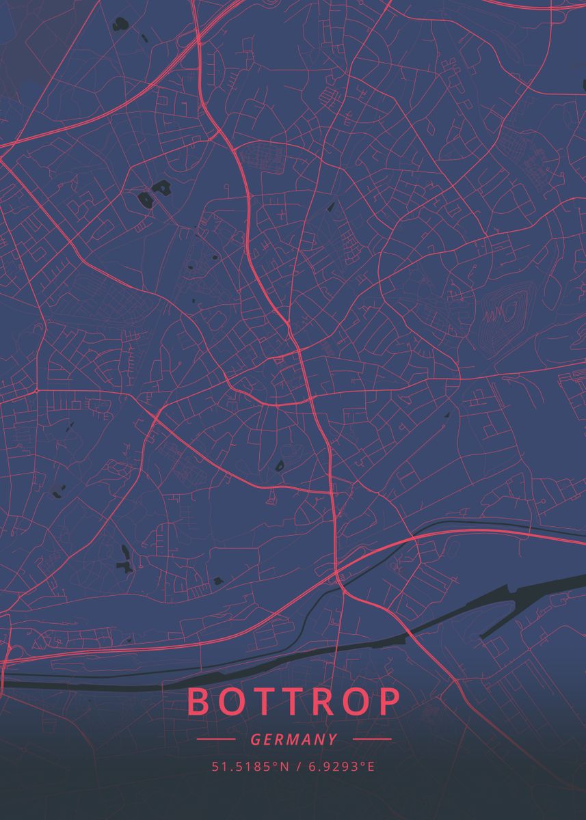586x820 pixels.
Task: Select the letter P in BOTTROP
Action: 388,702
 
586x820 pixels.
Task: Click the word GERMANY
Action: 294,739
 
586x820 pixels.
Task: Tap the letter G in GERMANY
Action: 255,739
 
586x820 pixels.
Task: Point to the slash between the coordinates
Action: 298,767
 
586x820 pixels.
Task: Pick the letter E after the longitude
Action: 371,767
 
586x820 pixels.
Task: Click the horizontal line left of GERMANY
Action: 215,739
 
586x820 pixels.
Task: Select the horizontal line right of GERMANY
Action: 373,739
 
